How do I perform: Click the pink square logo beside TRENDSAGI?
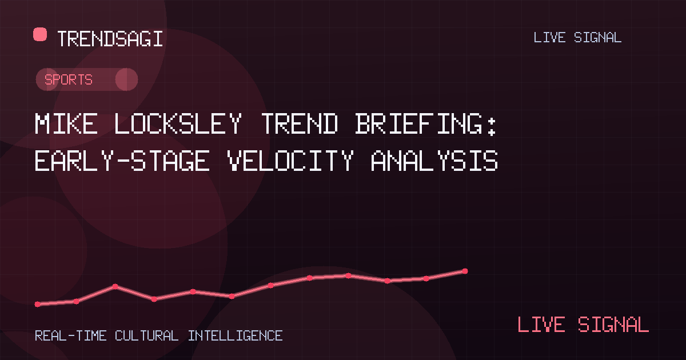coord(40,34)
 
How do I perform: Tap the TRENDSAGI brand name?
coord(110,39)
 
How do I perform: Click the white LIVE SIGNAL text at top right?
coord(577,38)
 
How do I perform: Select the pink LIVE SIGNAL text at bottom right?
coord(583,325)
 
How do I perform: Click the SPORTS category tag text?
coord(68,79)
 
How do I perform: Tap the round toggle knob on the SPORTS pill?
coord(126,79)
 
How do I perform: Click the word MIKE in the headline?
coord(66,123)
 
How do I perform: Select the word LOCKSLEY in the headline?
coord(178,123)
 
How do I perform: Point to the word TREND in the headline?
coord(300,123)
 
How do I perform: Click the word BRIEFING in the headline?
coord(419,123)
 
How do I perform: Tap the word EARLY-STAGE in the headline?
coord(122,161)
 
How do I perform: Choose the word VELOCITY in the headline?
coord(290,161)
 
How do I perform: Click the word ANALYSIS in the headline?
coord(434,161)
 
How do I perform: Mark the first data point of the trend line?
coord(38,304)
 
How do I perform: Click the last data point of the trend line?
coord(465,271)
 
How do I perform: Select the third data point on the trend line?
coord(115,286)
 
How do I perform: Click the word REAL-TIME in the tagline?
coord(71,336)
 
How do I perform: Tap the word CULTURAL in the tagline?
coord(147,336)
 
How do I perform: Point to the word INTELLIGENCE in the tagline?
coord(235,336)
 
